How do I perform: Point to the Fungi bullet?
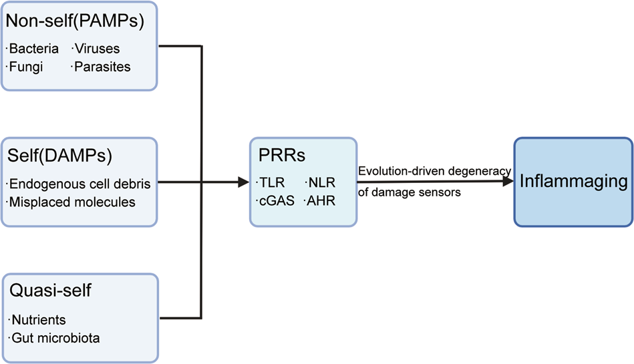tap(26, 67)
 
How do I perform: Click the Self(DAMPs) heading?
tap(59, 157)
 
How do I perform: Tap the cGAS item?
tap(276, 200)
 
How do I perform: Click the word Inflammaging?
tap(573, 181)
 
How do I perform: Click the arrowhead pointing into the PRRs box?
tap(242, 181)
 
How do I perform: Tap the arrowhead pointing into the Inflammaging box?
tap(507, 181)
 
